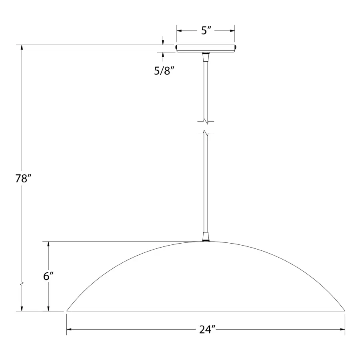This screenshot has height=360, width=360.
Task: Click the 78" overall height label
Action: (x=23, y=178)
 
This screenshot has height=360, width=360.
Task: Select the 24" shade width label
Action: (x=207, y=330)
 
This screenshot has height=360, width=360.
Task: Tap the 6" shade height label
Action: (x=48, y=276)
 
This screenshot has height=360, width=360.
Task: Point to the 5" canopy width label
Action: (x=206, y=30)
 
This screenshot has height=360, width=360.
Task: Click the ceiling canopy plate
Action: (x=206, y=48)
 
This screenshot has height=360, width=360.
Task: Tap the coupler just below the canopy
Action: (x=206, y=57)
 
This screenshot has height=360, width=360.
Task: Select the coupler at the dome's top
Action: (x=206, y=237)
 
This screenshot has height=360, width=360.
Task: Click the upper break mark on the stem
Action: (x=206, y=121)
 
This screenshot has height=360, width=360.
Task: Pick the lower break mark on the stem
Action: (x=206, y=133)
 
